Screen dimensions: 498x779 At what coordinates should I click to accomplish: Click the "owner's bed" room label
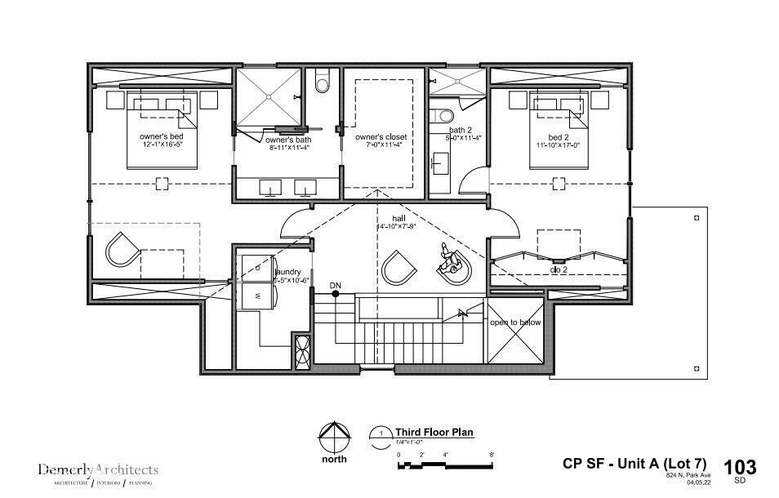pos(161,136)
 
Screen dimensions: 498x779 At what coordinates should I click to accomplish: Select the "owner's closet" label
pos(381,136)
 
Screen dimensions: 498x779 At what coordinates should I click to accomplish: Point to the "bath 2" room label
pos(461,131)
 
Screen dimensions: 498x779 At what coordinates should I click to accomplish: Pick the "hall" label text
pos(398,219)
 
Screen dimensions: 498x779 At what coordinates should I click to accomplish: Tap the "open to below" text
pos(515,322)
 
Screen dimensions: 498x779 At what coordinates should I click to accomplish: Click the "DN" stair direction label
pos(336,286)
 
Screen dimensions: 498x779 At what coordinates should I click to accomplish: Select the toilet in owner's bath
pos(321,82)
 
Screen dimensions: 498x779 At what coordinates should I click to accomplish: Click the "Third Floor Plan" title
pos(434,433)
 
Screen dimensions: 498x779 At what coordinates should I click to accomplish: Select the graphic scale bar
pos(445,465)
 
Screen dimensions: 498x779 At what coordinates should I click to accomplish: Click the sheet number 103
pos(740,467)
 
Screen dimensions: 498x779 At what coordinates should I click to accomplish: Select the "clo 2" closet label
pos(559,268)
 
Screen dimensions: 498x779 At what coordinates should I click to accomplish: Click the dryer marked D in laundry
pos(258,267)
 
